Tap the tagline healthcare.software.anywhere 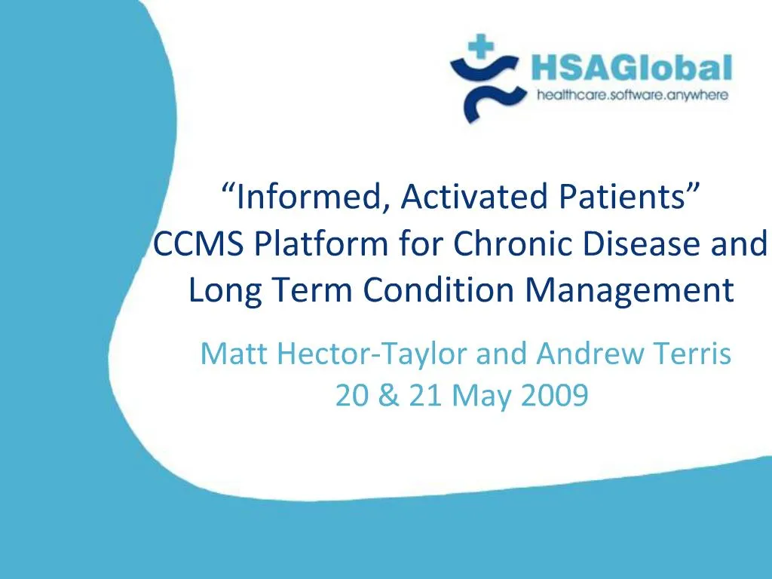pos(631,95)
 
